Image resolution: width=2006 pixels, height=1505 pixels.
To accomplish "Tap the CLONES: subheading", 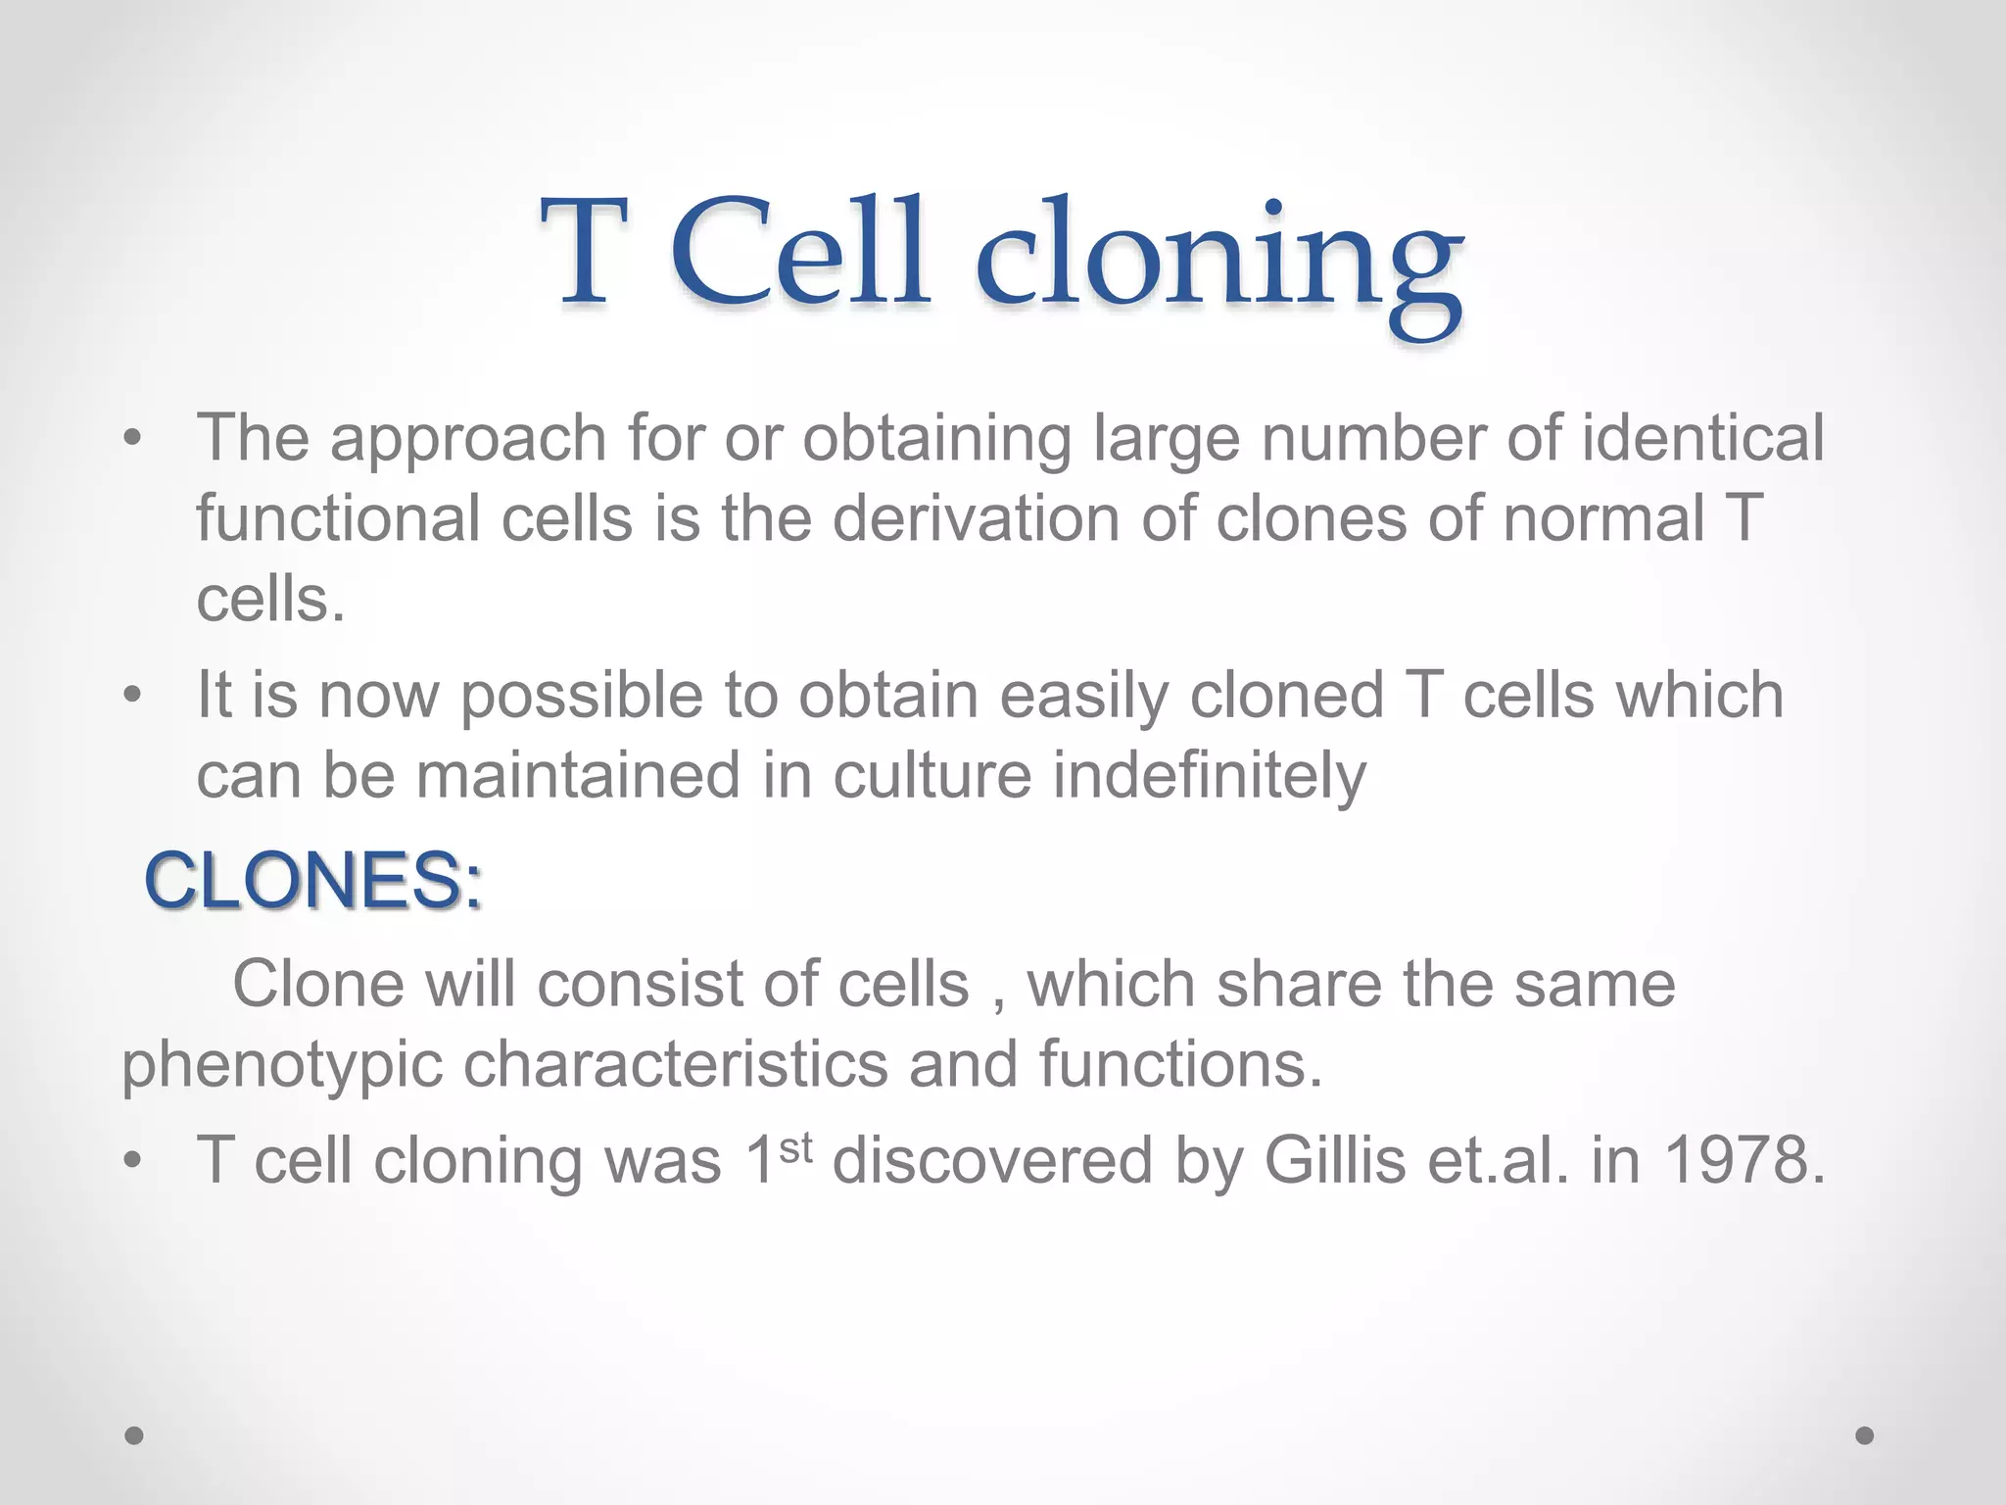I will click(x=313, y=881).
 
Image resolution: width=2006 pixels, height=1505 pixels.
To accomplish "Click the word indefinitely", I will click(x=1209, y=776).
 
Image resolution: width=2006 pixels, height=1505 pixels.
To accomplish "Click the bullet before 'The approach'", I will click(x=133, y=438).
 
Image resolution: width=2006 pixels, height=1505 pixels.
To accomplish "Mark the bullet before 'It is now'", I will click(x=133, y=696).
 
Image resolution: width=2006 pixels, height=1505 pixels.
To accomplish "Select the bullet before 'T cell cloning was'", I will click(x=133, y=1162).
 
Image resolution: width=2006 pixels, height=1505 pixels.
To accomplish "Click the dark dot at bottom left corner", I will click(x=134, y=1435).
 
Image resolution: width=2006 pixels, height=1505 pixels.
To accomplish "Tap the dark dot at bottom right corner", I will click(x=1865, y=1435).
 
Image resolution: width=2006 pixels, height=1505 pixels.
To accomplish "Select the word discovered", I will click(x=991, y=1161).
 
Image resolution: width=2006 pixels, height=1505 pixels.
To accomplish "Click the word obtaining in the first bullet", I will click(x=936, y=438).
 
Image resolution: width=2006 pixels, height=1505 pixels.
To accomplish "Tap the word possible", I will click(x=581, y=697).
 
